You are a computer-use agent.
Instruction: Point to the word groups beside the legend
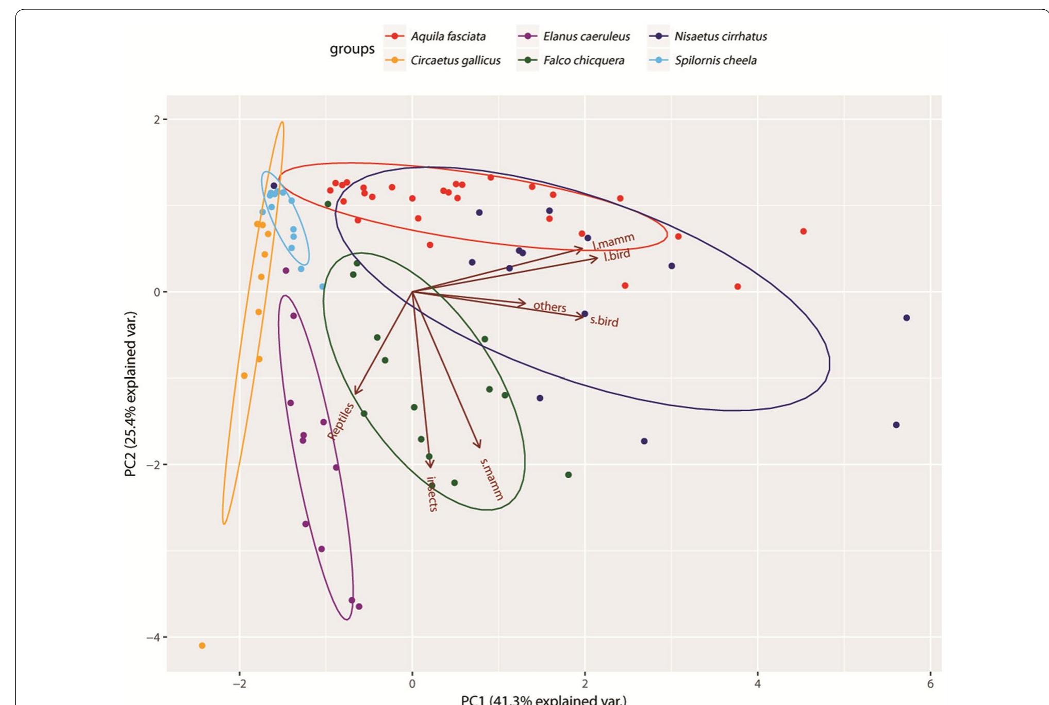352,49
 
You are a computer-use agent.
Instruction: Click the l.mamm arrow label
613,241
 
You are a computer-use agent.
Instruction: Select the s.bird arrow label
604,321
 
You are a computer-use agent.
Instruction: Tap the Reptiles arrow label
341,421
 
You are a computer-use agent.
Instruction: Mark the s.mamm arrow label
491,479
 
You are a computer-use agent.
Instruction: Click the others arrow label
550,307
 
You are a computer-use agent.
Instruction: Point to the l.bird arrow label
617,256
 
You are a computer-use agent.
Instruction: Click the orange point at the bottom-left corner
202,646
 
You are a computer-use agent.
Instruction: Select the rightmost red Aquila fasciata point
803,231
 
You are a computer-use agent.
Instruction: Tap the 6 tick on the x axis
930,684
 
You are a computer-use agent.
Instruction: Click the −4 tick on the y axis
153,637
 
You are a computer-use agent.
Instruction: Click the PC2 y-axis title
130,394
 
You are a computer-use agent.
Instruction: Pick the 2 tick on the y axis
157,120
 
